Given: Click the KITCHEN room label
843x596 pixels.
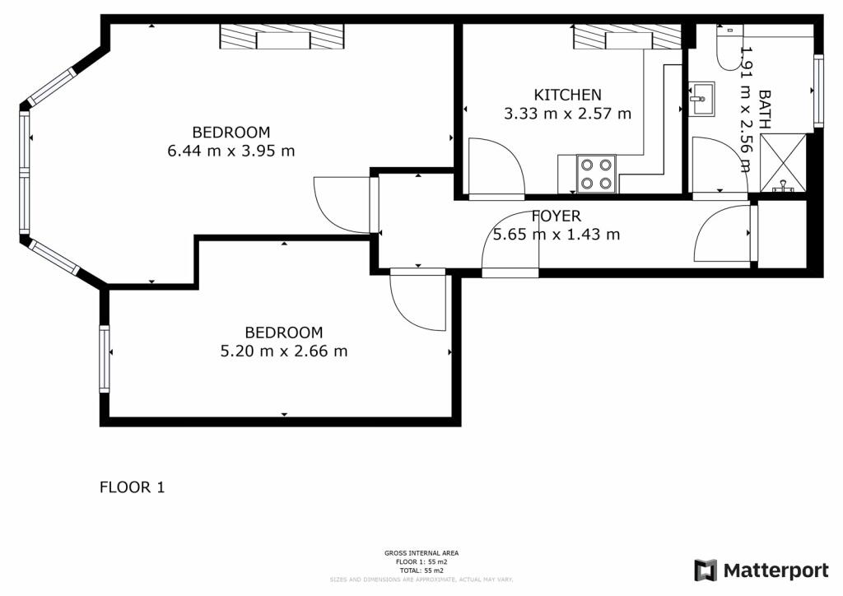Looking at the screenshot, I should [567, 95].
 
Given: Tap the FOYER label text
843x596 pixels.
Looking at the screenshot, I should [556, 217].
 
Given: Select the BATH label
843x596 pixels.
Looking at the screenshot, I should [765, 109].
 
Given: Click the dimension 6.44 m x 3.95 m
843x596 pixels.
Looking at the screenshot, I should [231, 151].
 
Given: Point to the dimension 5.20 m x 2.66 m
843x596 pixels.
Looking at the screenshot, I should [283, 352].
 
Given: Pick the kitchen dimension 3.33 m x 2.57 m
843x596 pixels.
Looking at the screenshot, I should [567, 114].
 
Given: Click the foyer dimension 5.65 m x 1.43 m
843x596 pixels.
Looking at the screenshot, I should [556, 235].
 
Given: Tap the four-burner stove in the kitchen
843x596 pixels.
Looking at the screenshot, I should [596, 174].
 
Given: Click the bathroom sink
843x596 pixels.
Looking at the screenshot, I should [702, 100].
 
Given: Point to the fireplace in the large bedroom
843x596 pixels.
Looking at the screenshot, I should [282, 37].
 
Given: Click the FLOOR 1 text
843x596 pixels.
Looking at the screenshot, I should [132, 487].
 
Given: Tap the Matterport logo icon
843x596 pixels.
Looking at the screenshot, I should [706, 570].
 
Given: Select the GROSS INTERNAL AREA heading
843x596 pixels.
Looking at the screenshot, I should [421, 553].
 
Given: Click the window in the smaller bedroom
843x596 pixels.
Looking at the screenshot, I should [105, 359].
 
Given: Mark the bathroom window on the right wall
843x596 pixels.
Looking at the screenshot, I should [817, 91].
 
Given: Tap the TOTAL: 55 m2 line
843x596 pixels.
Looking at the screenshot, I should [421, 570].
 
